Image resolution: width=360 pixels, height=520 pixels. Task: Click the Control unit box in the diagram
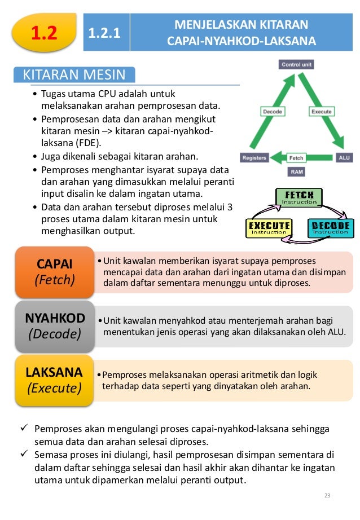(x=296, y=65)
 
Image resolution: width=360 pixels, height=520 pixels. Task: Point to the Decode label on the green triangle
(x=273, y=112)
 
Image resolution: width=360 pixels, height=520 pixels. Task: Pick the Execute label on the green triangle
(x=321, y=112)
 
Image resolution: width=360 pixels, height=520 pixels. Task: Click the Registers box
(x=254, y=157)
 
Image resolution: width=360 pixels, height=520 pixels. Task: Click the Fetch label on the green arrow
(x=297, y=157)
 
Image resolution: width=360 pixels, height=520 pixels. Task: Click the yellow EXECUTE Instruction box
(x=269, y=228)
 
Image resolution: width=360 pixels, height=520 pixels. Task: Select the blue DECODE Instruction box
(x=330, y=228)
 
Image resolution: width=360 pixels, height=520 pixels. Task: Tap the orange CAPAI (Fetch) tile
(x=55, y=271)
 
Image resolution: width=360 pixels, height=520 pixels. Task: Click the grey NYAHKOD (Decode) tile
(x=55, y=325)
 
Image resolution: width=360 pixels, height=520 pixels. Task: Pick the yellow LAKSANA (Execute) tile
(x=55, y=380)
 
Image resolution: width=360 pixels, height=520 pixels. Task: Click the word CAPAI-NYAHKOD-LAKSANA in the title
(x=242, y=42)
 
